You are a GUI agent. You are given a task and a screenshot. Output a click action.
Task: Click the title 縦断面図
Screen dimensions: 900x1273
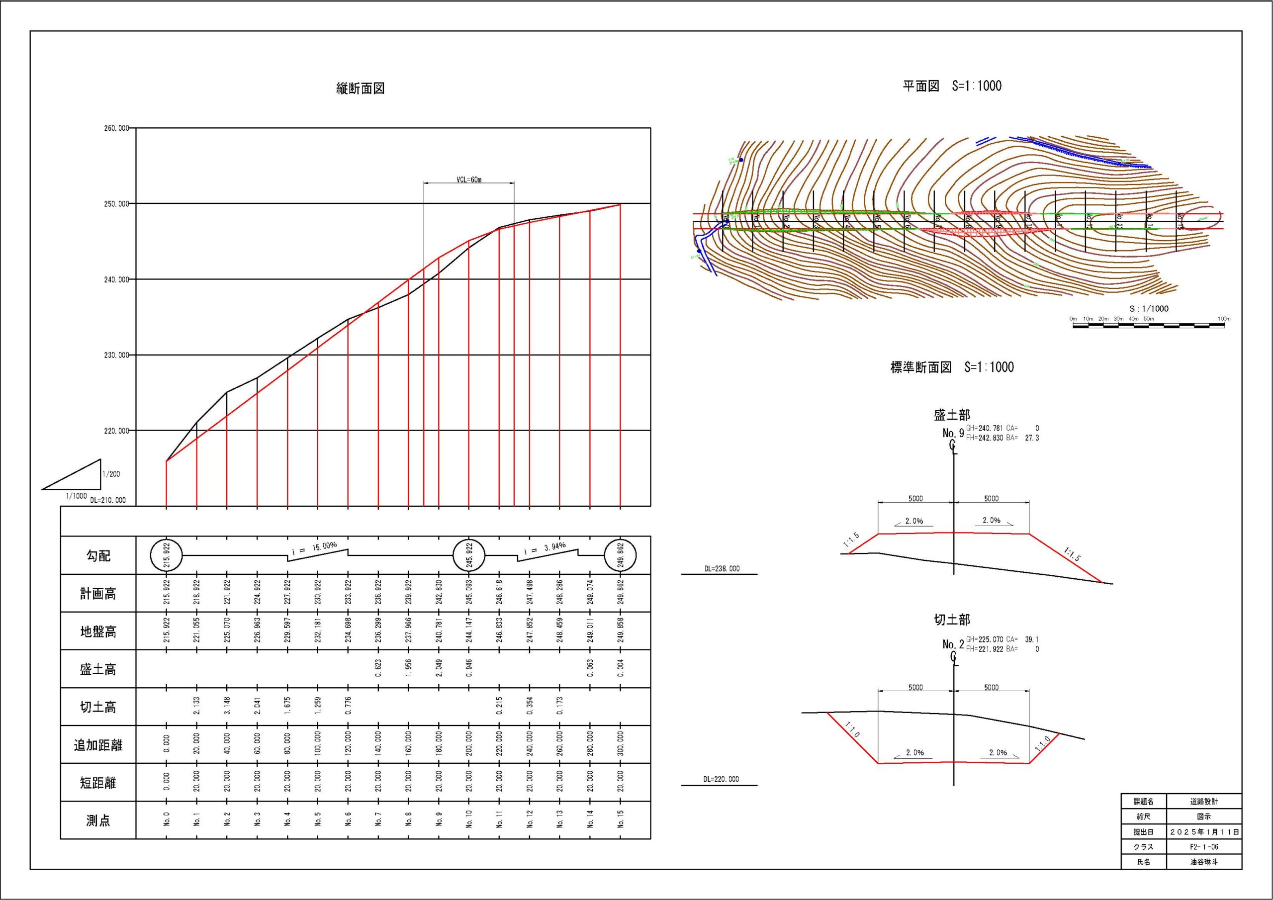(x=361, y=88)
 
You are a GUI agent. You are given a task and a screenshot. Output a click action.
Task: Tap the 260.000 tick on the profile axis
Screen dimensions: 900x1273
(x=116, y=128)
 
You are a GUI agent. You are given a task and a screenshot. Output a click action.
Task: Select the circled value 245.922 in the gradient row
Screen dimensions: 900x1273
(x=469, y=554)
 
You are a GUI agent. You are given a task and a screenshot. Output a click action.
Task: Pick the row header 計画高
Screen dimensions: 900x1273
(x=98, y=594)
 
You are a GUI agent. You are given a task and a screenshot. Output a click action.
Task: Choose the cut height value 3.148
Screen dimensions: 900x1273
(x=227, y=707)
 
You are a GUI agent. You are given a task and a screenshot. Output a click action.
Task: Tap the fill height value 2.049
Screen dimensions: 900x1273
(x=439, y=669)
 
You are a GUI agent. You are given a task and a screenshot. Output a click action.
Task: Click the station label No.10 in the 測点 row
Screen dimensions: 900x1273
(x=469, y=818)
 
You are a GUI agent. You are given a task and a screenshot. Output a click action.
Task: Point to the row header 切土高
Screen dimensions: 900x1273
(x=98, y=707)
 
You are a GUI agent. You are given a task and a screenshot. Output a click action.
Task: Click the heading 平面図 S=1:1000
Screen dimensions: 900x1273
(x=952, y=86)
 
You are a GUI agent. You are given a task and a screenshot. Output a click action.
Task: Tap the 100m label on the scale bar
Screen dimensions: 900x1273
(x=1224, y=319)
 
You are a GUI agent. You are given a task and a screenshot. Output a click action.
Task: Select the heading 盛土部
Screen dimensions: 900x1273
(x=952, y=415)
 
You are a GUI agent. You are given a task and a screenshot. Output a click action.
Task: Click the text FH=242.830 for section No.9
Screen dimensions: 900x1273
(x=984, y=438)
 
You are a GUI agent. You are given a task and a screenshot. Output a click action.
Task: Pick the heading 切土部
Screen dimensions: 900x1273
(x=952, y=620)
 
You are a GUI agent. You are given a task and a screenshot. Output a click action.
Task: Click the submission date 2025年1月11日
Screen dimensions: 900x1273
(x=1204, y=832)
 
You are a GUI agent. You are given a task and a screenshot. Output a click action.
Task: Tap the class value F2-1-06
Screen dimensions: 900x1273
(x=1204, y=847)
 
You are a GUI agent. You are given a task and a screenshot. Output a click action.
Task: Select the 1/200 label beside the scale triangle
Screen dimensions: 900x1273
(x=111, y=474)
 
